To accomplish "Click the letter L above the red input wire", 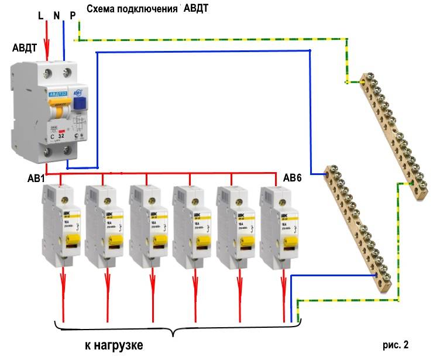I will coord(40,16).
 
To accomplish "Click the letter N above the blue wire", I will coord(57,16).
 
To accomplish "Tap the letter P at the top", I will coord(73,16).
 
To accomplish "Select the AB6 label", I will coord(293,177).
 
